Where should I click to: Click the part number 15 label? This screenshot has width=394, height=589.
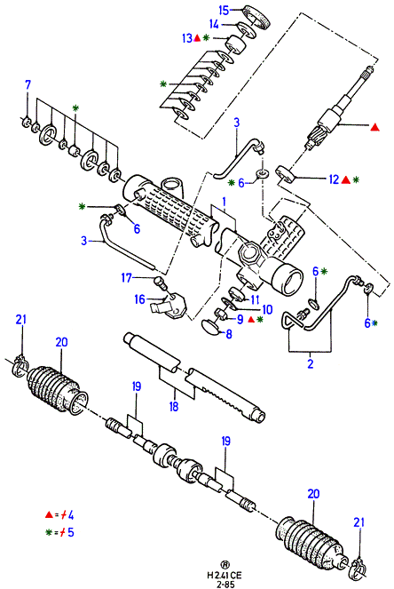(224, 10)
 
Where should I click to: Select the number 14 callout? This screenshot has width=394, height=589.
(214, 24)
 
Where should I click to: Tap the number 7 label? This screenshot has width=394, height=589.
(28, 84)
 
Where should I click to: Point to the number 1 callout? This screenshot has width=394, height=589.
(224, 202)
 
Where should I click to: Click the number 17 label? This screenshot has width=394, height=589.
(127, 278)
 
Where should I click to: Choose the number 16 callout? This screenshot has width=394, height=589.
(139, 299)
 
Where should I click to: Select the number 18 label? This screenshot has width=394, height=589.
(174, 406)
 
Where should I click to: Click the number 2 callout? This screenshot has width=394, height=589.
(311, 363)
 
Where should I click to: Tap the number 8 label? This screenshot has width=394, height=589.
(229, 334)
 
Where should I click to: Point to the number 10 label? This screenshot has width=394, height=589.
(267, 309)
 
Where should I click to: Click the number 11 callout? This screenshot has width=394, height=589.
(256, 299)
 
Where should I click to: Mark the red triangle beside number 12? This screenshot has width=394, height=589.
(346, 180)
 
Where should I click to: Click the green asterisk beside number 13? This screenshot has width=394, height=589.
(207, 37)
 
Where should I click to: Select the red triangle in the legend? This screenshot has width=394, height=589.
(49, 515)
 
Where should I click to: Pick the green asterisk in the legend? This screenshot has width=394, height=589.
(49, 532)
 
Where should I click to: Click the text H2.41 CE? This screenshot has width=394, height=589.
(225, 575)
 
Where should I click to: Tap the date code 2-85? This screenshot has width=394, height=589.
(225, 584)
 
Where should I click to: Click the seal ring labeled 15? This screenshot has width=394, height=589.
(257, 17)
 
